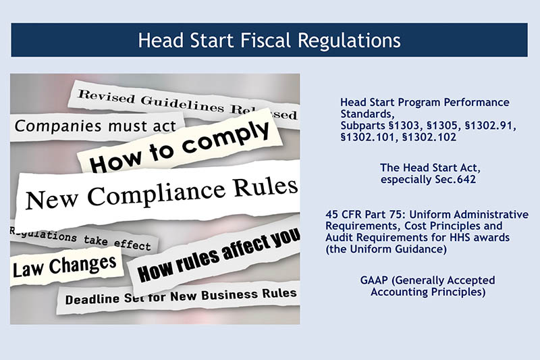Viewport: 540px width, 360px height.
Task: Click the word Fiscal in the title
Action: click(x=265, y=41)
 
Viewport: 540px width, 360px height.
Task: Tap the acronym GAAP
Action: click(x=374, y=280)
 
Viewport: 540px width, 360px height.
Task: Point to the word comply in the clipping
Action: click(x=225, y=138)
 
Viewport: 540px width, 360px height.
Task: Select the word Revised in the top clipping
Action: click(x=106, y=97)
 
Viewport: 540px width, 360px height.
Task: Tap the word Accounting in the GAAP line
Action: click(x=399, y=292)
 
